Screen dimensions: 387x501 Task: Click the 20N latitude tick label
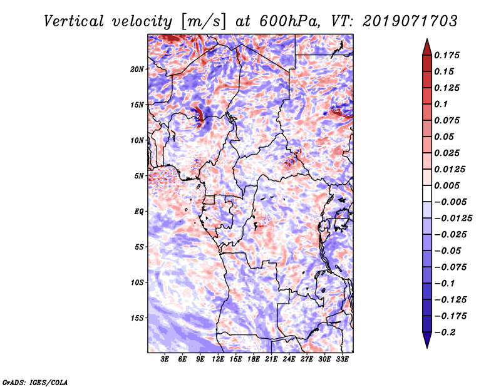[137, 69]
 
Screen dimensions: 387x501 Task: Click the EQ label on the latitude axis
[138, 212]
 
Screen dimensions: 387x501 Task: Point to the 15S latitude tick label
[137, 318]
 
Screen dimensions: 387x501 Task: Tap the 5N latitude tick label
[138, 176]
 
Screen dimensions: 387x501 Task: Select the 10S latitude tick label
[137, 282]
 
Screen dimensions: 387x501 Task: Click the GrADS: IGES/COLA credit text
[34, 381]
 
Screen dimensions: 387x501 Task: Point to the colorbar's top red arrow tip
[426, 40]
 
